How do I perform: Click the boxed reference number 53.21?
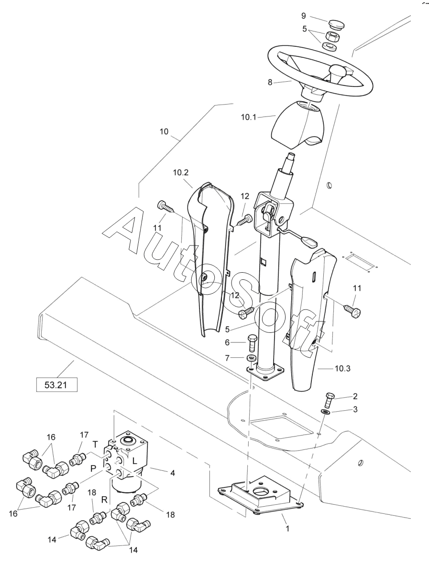[x=56, y=384]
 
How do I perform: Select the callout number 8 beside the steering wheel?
[x=270, y=82]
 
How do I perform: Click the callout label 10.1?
[x=249, y=117]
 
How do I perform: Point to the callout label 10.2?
[x=181, y=172]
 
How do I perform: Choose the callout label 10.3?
[x=342, y=368]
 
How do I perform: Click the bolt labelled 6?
[x=252, y=343]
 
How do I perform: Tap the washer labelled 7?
[x=251, y=358]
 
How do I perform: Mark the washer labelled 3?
[x=326, y=412]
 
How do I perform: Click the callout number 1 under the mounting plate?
[x=287, y=528]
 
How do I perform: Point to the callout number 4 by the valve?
[x=173, y=473]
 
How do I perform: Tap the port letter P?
[x=93, y=468]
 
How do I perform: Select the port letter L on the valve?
[x=134, y=460]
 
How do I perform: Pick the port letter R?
[x=104, y=500]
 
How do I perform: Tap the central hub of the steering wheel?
[x=337, y=71]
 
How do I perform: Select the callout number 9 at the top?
[x=303, y=16]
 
